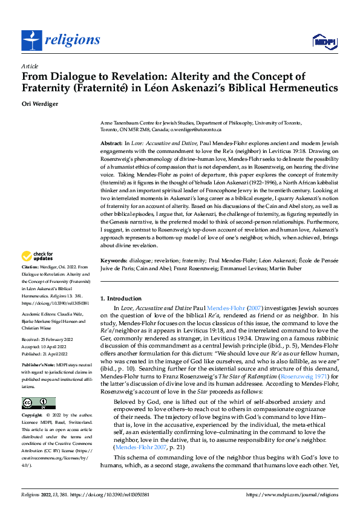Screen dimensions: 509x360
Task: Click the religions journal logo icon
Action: click(30, 40)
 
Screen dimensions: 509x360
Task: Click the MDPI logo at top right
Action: click(323, 41)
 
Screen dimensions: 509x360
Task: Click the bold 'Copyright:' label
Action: click(33, 400)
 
